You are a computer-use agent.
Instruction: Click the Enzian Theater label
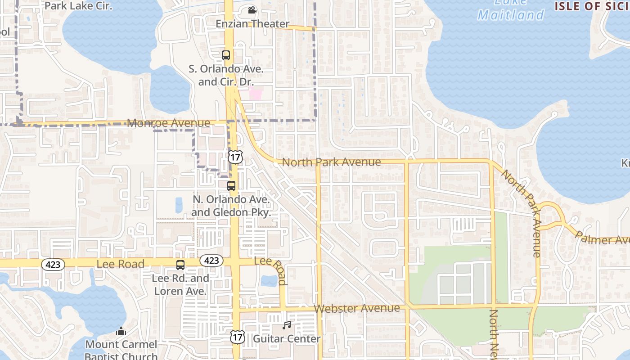click(x=252, y=24)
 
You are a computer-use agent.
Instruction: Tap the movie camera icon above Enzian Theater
click(x=252, y=10)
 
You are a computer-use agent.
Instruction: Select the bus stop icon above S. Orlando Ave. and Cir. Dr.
click(x=226, y=55)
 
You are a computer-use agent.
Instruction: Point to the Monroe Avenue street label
click(x=169, y=123)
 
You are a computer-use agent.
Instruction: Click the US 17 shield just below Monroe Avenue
click(x=235, y=157)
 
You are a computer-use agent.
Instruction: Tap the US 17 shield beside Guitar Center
click(x=237, y=337)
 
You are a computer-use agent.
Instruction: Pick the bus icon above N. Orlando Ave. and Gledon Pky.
click(x=231, y=185)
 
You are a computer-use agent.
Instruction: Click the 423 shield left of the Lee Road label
click(x=53, y=265)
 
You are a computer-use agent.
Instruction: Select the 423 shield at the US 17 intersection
click(x=211, y=261)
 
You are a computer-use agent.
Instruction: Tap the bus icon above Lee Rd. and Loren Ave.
click(x=180, y=265)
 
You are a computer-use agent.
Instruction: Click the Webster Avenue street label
click(x=357, y=308)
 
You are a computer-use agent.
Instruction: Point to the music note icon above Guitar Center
click(x=287, y=325)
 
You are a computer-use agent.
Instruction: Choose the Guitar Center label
click(x=287, y=338)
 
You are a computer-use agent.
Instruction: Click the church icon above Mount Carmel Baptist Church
click(x=121, y=332)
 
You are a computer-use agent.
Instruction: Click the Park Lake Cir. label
click(x=79, y=6)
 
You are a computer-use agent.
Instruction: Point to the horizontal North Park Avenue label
click(x=331, y=162)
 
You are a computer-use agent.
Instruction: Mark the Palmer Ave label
click(x=603, y=238)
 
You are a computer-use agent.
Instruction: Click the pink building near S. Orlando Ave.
click(x=256, y=94)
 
